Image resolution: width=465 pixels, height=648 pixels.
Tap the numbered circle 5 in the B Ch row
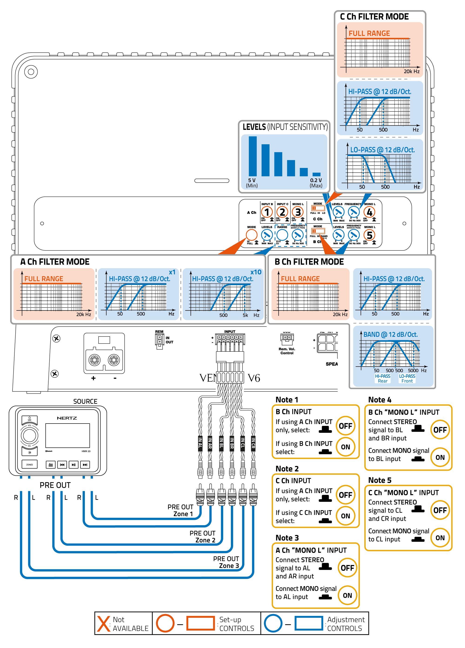point(369,235)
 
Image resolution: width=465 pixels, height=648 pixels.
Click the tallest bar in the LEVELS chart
point(252,156)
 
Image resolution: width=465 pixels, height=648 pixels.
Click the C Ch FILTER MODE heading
point(374,17)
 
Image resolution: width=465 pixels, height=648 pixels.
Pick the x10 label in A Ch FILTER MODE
point(256,272)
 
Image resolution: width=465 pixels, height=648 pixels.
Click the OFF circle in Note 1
point(345,426)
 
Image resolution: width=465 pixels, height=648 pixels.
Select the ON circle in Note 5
point(440,538)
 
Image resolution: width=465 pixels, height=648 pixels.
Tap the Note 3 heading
point(287,538)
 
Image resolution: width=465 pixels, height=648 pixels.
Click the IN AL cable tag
point(200,443)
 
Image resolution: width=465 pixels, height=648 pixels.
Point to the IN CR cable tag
point(253,443)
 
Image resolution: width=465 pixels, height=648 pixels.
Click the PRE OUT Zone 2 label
point(203,537)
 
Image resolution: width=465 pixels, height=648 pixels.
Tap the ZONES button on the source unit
point(30,464)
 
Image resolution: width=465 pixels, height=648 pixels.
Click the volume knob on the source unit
point(30,435)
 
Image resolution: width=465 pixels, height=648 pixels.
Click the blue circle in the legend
point(273,623)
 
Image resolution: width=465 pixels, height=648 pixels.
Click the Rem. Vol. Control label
point(287,351)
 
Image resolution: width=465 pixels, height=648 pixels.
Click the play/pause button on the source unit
point(73,464)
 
